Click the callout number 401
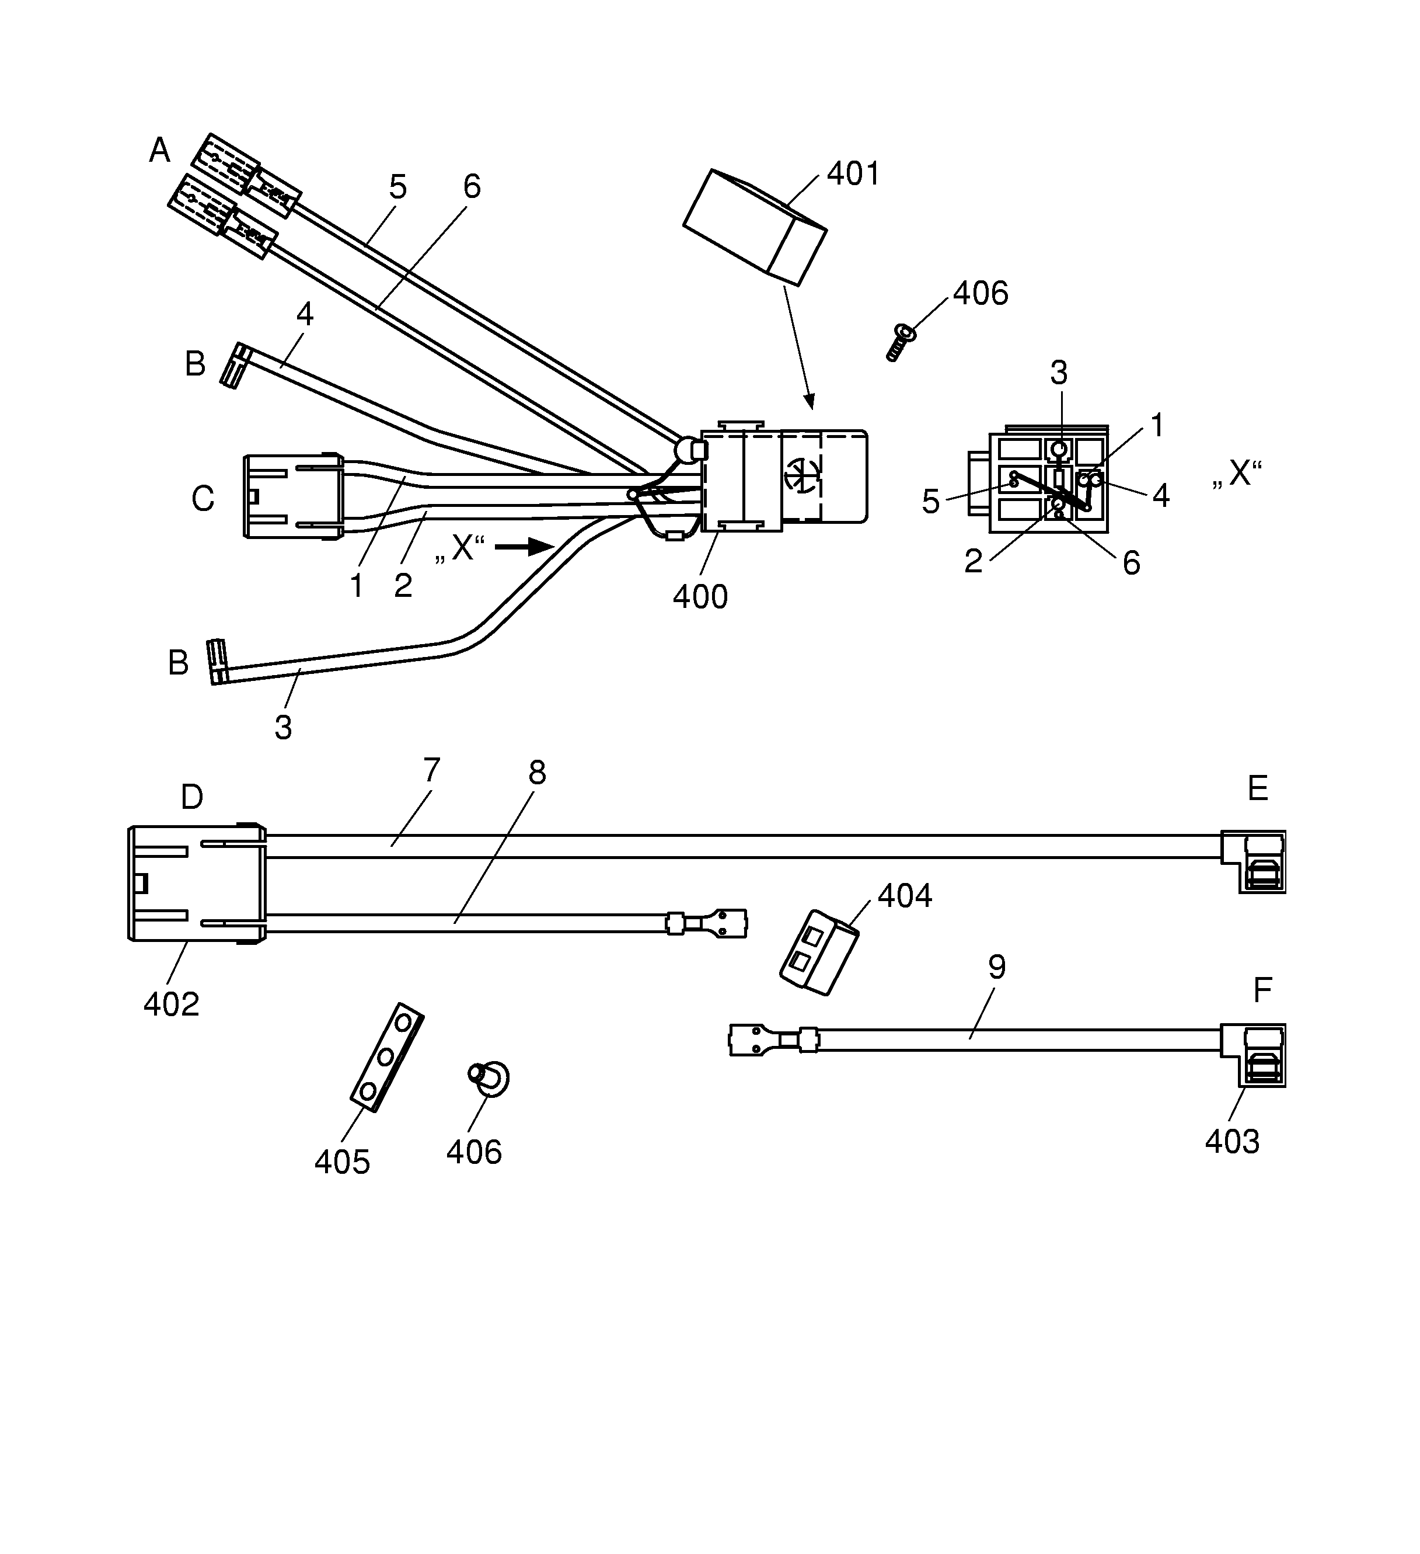[853, 174]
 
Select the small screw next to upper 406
[899, 342]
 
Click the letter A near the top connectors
[159, 150]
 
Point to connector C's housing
[293, 496]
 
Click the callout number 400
[700, 597]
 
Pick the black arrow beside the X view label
[524, 547]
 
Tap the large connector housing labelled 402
[197, 884]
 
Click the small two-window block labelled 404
[818, 951]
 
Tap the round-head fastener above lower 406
[489, 1076]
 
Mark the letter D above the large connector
[192, 797]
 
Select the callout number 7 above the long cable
[431, 770]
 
